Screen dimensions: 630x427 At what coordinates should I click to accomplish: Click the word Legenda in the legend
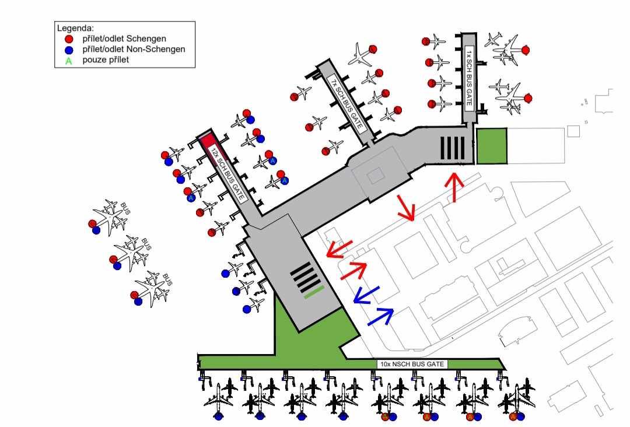[x=75, y=29]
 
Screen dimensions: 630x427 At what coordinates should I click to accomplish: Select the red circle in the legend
[x=69, y=39]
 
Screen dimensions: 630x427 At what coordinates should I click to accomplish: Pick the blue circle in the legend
[x=69, y=50]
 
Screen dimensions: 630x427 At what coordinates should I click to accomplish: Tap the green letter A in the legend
[x=69, y=61]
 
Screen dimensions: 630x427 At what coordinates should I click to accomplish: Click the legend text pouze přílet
[x=106, y=60]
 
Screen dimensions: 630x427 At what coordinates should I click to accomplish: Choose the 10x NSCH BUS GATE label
[x=412, y=364]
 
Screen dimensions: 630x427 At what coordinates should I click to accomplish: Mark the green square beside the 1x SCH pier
[x=491, y=146]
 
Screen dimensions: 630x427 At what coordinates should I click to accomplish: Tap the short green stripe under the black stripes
[x=314, y=292]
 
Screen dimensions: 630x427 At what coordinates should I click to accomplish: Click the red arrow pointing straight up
[x=454, y=187]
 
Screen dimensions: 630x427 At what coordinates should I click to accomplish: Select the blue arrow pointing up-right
[x=380, y=317]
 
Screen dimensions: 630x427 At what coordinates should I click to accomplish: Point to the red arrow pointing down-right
[x=406, y=208]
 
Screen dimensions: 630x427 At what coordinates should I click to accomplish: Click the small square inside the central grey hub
[x=375, y=176]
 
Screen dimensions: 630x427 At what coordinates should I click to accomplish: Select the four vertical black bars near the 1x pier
[x=453, y=148]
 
